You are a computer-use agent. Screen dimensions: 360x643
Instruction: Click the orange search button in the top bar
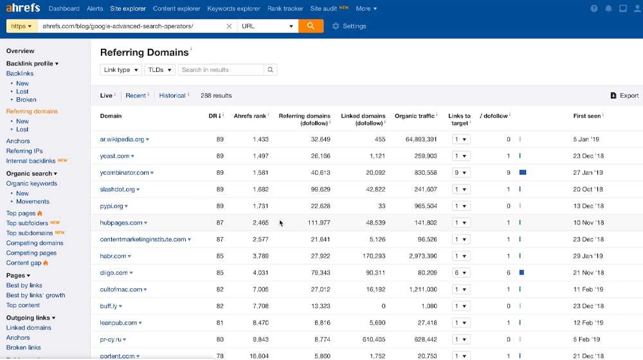tap(311, 26)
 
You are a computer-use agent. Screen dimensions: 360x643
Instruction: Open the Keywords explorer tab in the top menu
tap(233, 8)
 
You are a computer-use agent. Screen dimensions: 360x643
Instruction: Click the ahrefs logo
tap(23, 8)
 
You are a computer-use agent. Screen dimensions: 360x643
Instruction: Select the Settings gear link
tap(349, 26)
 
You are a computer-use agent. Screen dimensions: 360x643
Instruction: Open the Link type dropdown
tap(121, 70)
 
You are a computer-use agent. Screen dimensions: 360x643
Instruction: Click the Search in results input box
tap(221, 70)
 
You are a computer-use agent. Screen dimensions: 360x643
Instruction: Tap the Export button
tap(624, 96)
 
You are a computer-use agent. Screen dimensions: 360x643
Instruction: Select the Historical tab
tap(172, 96)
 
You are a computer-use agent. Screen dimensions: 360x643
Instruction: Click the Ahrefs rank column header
tap(249, 116)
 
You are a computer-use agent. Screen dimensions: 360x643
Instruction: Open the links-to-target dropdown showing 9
tap(460, 172)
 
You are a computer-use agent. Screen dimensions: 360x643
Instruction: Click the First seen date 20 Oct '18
tap(588, 189)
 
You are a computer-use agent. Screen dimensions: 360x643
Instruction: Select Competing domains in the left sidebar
tap(35, 243)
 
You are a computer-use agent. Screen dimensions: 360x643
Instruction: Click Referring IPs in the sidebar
tap(24, 151)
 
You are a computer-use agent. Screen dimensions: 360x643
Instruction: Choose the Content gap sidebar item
tap(24, 263)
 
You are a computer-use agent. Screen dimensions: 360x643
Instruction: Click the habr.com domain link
tap(113, 256)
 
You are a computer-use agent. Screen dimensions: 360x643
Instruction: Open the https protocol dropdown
tap(21, 26)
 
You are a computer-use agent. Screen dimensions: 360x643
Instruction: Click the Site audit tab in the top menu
tap(324, 8)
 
